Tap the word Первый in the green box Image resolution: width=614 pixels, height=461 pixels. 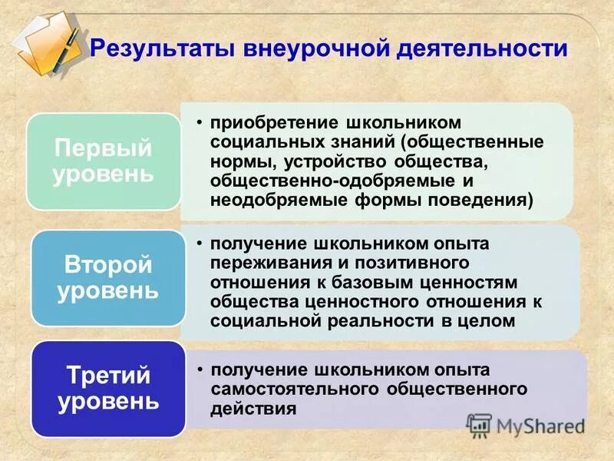click(x=102, y=148)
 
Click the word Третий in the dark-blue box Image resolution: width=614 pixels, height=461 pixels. click(x=107, y=376)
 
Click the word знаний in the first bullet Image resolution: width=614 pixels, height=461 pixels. click(x=365, y=143)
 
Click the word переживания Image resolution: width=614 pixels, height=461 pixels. click(x=268, y=263)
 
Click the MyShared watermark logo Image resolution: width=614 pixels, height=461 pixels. click(x=525, y=424)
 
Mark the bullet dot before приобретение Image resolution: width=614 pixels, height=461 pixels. click(x=199, y=123)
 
